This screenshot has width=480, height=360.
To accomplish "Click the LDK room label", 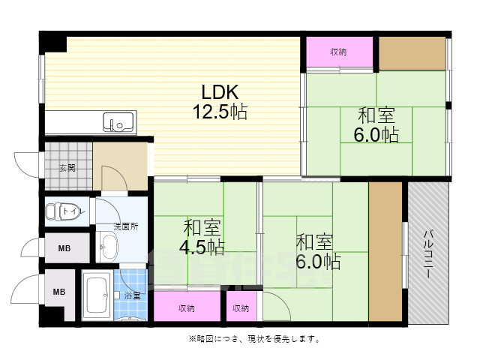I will coord(219,92).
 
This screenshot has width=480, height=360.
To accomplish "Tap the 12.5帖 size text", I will coord(219,112).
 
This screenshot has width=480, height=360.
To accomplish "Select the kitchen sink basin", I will coord(118,121).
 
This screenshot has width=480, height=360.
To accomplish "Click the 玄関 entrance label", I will coord(67,167).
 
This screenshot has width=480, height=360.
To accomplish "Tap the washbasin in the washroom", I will coord(109,245).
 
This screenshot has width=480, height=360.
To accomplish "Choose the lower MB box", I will coord(58,292).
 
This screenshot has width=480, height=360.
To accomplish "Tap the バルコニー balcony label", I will coord(427,256).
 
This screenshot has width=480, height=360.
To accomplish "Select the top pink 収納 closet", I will coord(338,52).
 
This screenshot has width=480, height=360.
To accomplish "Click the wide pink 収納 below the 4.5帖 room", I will coord(187,307).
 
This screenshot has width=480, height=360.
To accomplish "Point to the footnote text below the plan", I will coord(254,339).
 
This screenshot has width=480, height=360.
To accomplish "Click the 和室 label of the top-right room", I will coord(375,115).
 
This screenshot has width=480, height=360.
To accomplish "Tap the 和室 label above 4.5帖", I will coord(201,226).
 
